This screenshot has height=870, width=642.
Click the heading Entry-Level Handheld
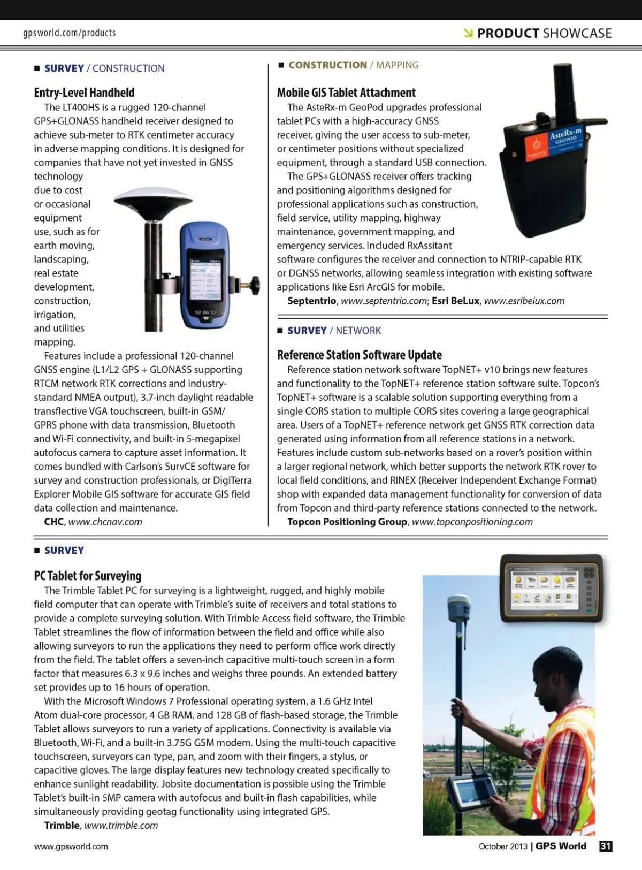click(x=84, y=93)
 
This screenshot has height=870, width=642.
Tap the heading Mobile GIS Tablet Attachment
click(x=346, y=93)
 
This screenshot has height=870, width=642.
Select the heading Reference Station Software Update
click(x=359, y=355)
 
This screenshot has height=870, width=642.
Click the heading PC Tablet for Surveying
click(x=88, y=576)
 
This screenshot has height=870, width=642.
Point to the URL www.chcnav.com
click(x=105, y=522)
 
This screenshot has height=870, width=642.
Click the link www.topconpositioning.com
click(x=472, y=522)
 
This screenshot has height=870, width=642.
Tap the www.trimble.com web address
click(x=121, y=825)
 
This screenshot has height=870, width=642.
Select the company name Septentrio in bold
click(x=312, y=301)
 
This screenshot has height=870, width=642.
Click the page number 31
click(x=606, y=846)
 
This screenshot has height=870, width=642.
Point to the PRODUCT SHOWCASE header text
click(x=544, y=33)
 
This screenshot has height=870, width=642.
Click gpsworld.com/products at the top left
click(x=70, y=33)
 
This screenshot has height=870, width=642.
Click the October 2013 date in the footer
click(x=503, y=846)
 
